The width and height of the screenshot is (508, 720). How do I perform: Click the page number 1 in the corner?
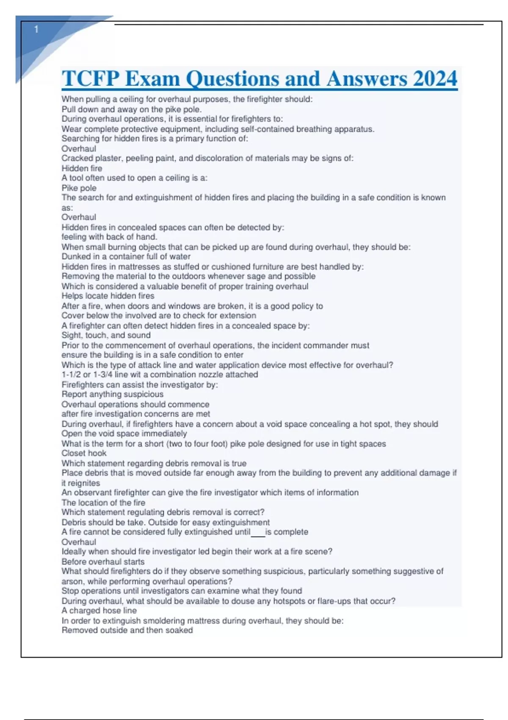[36, 29]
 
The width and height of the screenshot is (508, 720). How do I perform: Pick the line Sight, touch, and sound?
[106, 335]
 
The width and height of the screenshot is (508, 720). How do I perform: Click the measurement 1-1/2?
[70, 375]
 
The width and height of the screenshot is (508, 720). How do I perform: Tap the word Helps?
[72, 296]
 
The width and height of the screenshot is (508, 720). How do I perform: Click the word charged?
[85, 611]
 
